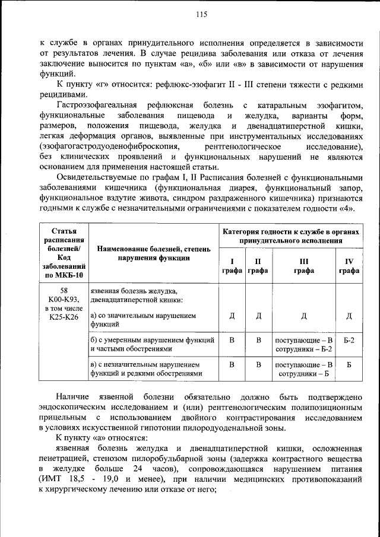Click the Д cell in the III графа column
[x=304, y=315]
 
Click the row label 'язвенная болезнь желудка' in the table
[x=133, y=291]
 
